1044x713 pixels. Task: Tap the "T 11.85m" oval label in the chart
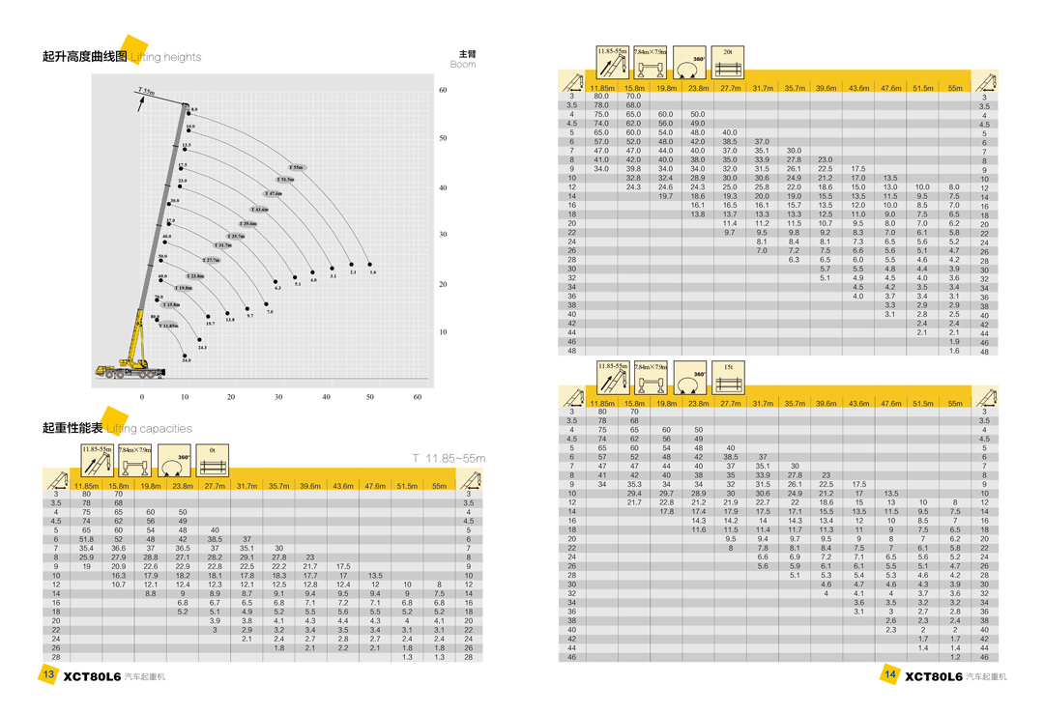click(169, 327)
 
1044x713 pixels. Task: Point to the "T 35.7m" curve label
click(236, 237)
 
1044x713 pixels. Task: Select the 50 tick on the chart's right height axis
click(443, 138)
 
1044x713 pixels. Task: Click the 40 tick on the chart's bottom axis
click(326, 397)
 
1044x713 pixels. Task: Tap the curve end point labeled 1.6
click(370, 265)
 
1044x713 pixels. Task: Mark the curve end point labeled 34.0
click(185, 356)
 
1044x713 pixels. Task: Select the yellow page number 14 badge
click(890, 674)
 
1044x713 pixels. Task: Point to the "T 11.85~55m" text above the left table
click(448, 458)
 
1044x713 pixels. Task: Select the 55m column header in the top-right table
click(955, 88)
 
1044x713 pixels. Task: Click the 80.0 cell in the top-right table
click(601, 97)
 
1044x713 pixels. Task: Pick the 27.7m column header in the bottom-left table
click(214, 486)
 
